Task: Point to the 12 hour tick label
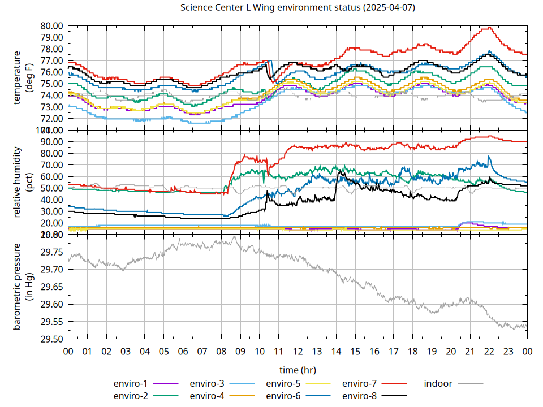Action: pyautogui.click(x=298, y=352)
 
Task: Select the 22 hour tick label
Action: pyautogui.click(x=489, y=352)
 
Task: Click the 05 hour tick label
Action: pyautogui.click(x=163, y=352)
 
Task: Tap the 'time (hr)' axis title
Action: pyautogui.click(x=298, y=370)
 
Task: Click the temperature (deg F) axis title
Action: pyautogui.click(x=23, y=77)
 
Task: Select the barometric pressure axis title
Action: pyautogui.click(x=23, y=287)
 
